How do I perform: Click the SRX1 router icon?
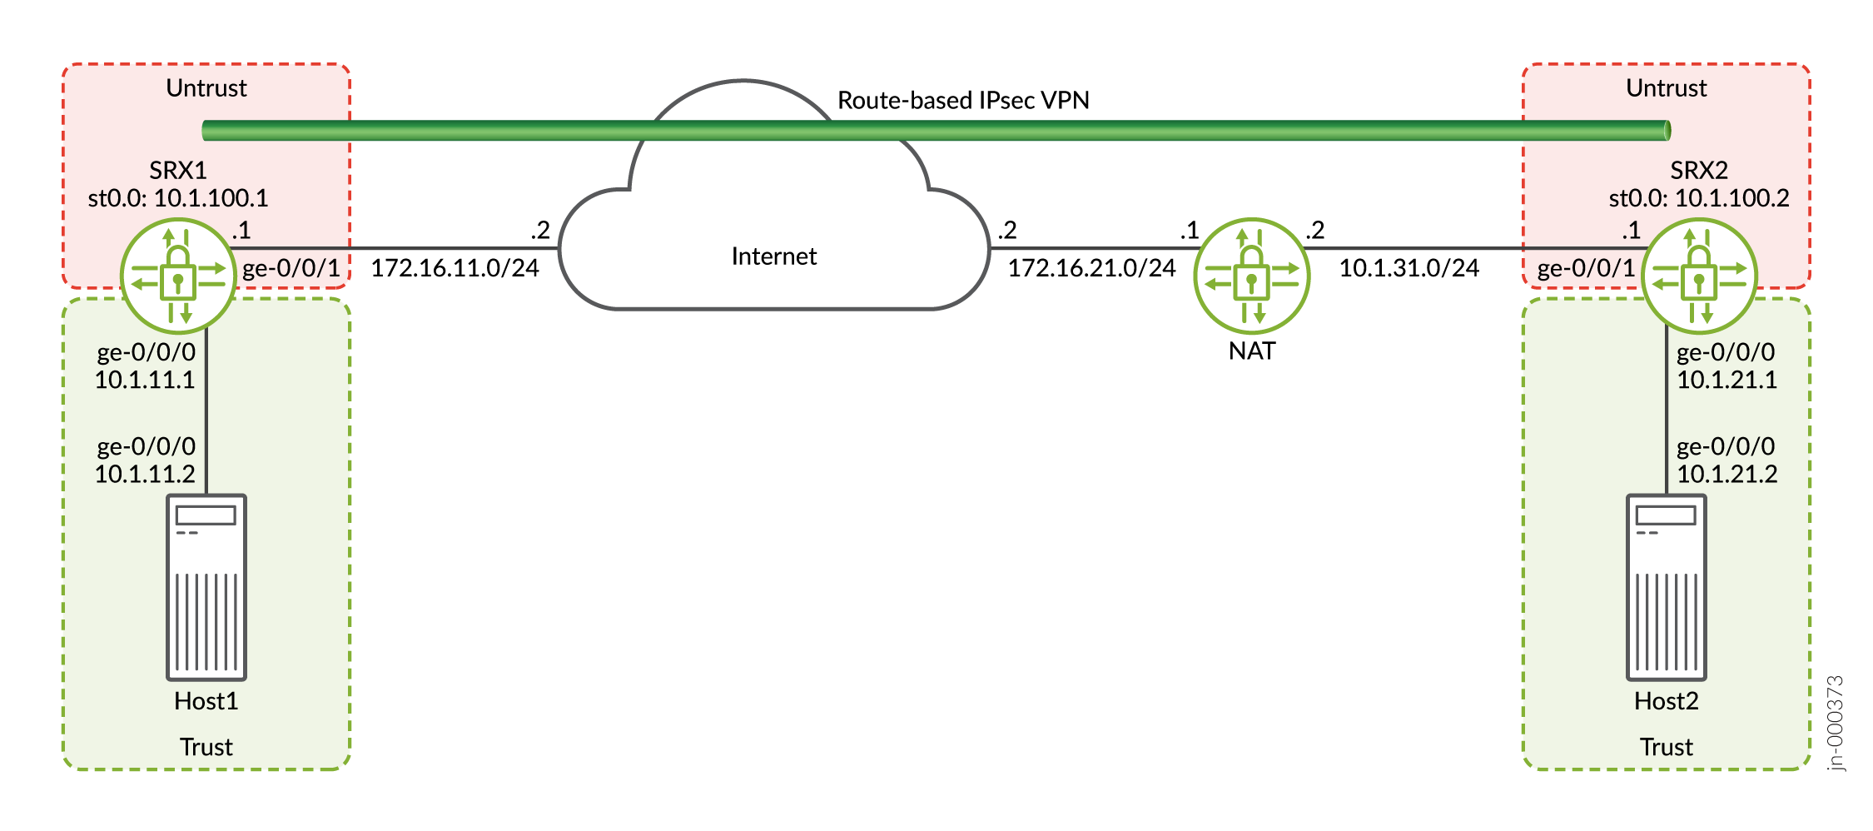177,276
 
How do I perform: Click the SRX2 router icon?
1698,276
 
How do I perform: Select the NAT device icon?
1251,276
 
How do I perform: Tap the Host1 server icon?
206,586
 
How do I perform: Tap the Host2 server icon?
1666,586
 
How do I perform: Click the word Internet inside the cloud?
773,256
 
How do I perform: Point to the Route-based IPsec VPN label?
963,101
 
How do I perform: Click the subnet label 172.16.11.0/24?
455,268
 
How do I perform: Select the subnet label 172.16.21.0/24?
1091,268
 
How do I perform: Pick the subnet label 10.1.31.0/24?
1408,268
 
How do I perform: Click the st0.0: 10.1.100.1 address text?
178,198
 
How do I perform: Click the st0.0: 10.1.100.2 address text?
1698,198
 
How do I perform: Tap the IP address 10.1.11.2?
145,474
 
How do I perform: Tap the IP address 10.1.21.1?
1726,380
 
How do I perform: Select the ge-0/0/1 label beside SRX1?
291,268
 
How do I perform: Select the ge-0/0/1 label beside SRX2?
1586,268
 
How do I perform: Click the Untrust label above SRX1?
206,88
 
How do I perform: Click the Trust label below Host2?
1666,747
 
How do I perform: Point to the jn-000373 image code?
1835,723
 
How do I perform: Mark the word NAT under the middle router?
1251,351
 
